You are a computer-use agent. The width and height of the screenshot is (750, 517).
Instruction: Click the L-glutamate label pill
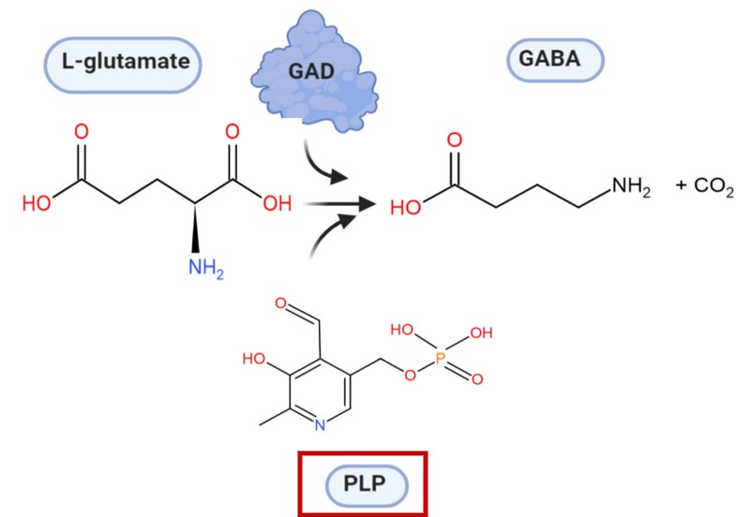[x=123, y=65]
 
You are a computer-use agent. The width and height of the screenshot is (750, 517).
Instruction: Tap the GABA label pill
[x=555, y=60]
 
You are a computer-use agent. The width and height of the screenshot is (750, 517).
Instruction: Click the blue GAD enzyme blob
[x=314, y=72]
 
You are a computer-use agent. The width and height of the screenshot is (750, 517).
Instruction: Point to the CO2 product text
[x=713, y=186]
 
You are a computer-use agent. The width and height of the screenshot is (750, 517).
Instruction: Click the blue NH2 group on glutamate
[x=206, y=268]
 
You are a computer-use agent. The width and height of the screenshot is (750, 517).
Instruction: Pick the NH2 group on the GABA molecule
[x=631, y=186]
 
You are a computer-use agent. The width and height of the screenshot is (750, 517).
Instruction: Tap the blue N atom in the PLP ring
[x=320, y=425]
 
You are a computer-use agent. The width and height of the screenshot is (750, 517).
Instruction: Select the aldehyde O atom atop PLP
[x=280, y=303]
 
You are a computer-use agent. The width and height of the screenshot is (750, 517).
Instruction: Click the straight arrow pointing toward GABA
[x=340, y=204]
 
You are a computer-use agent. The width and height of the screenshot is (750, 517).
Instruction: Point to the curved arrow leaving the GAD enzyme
[x=323, y=164]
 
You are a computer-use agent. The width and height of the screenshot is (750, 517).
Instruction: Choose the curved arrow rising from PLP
[x=331, y=234]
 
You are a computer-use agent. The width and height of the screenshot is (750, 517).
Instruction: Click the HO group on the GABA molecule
[x=406, y=208]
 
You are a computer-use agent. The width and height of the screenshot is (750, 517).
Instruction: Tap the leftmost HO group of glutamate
[x=37, y=203]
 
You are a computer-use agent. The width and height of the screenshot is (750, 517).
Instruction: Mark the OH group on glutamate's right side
[x=277, y=203]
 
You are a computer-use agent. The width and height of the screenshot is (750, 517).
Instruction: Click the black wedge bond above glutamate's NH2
[x=195, y=228]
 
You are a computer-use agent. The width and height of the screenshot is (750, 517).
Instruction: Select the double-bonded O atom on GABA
[x=455, y=140]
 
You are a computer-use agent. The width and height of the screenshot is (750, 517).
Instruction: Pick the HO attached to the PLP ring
[x=254, y=359]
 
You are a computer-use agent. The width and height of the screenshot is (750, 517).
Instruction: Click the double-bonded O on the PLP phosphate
[x=477, y=379]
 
